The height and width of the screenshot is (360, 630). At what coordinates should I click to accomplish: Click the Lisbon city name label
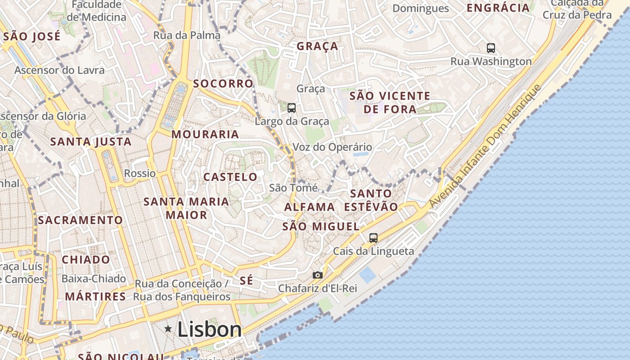pos(210,330)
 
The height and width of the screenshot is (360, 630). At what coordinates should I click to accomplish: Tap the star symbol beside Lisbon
pos(168,329)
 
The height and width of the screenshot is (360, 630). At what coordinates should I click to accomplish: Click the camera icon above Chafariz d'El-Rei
pos(318,275)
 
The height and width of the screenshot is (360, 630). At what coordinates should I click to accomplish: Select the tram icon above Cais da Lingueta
pos(373,238)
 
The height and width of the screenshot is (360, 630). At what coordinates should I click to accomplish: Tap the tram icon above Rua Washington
pos(491,48)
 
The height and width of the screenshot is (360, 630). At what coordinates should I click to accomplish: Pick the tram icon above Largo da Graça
pos(292,108)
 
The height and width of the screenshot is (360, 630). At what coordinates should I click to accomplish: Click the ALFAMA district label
pos(310,207)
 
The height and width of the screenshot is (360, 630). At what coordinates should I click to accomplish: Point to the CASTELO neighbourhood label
pos(230,177)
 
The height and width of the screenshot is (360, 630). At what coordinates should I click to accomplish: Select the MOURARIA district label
pos(205,134)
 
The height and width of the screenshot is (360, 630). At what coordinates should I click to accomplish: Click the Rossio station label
pos(140,173)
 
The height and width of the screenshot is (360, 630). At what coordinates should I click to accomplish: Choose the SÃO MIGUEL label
pos(321,226)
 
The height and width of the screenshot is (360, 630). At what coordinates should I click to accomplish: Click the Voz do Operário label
pos(333,147)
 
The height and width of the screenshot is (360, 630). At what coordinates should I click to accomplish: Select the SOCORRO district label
pos(223,84)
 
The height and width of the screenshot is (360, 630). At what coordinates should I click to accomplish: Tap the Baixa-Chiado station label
pos(94,279)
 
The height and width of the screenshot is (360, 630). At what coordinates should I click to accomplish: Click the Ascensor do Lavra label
pos(59,70)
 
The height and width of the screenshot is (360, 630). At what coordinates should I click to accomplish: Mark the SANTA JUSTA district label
pos(91,142)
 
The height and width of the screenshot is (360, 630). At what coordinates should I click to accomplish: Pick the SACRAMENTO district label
pos(80,220)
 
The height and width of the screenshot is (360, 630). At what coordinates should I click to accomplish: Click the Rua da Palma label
pos(187,35)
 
